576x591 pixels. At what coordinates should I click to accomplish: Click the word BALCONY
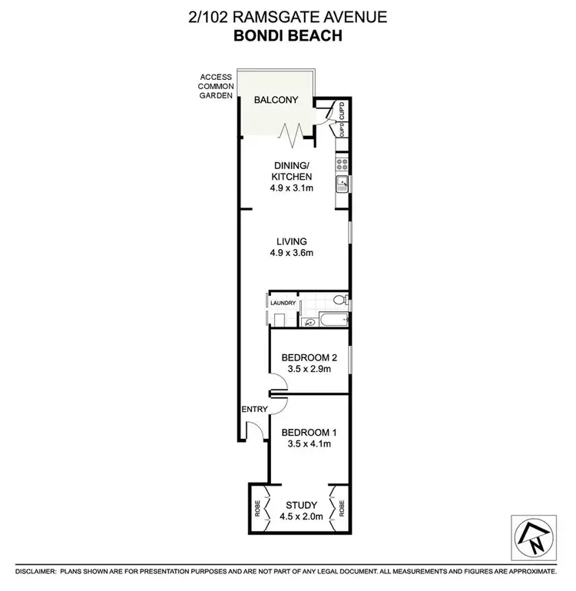277,100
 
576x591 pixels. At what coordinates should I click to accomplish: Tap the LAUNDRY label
283,304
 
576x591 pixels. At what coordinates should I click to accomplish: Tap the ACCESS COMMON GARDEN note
216,88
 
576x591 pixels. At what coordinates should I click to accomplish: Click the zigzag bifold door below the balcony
292,136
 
